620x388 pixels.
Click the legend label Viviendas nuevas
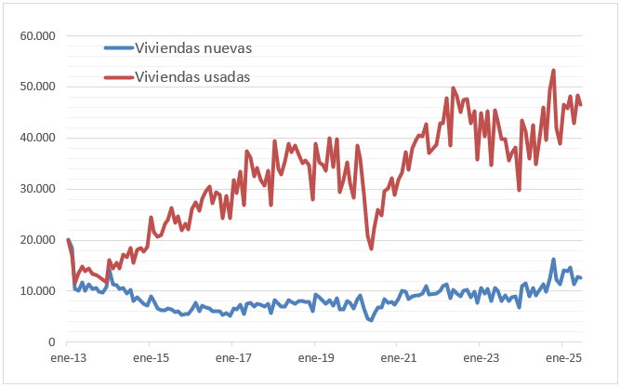(192, 47)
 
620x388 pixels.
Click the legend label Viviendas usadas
(192, 76)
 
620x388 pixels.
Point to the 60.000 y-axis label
(37, 35)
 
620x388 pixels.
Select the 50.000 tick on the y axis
(37, 87)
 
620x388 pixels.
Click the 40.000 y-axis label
(37, 138)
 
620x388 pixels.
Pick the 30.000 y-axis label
(37, 189)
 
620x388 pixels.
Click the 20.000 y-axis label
(37, 240)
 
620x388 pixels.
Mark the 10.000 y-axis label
(37, 291)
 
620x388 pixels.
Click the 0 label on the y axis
(52, 342)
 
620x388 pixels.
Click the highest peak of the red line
(554, 70)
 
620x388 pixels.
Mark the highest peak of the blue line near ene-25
(554, 260)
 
